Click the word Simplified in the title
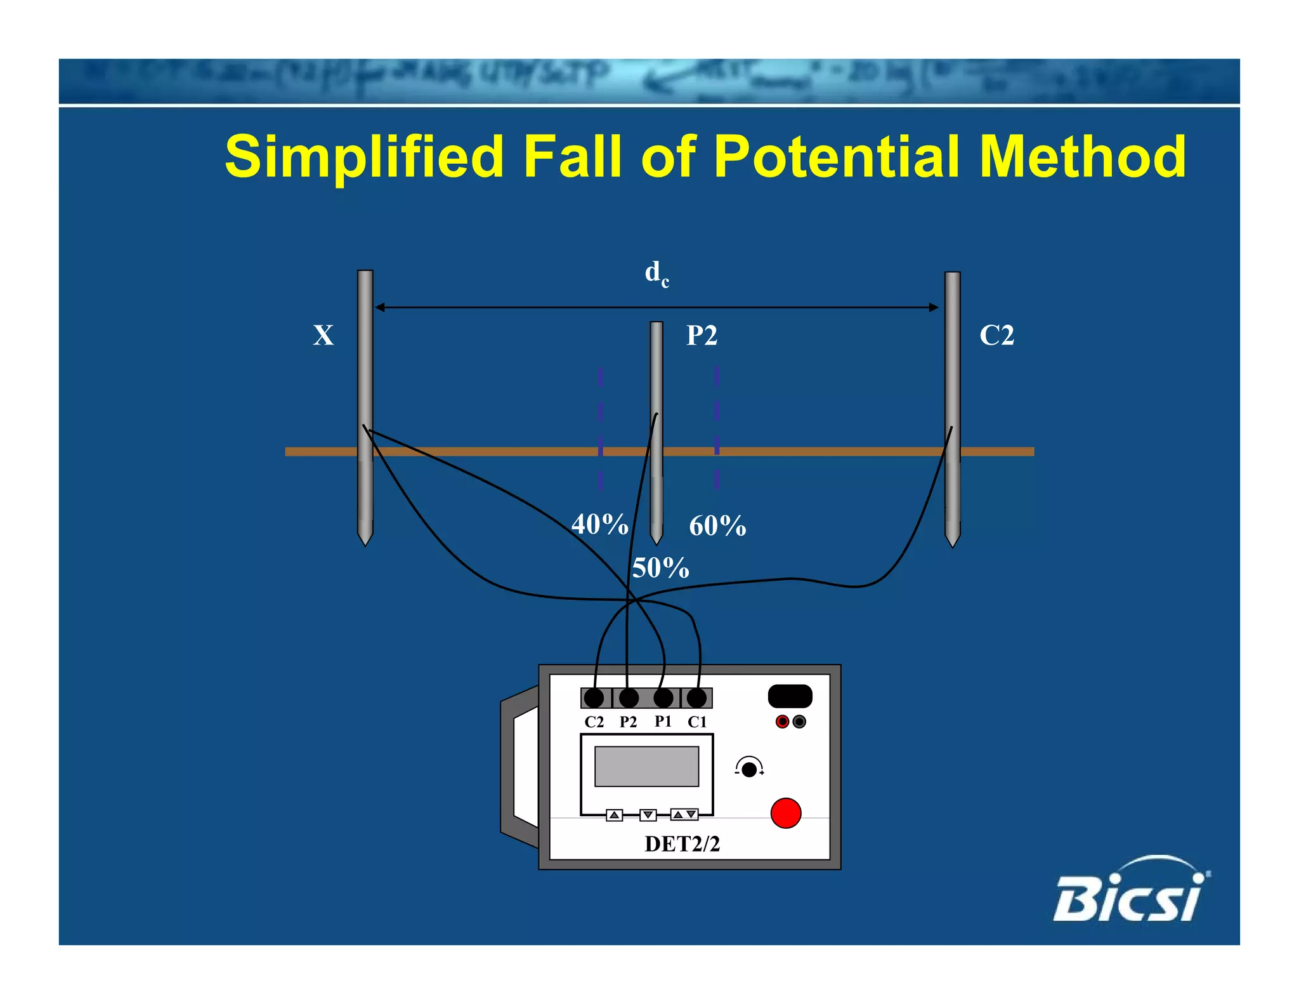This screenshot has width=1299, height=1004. [365, 157]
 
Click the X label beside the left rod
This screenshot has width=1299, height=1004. [323, 335]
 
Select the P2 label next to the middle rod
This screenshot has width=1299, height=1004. [702, 335]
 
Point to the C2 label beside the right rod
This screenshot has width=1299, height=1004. [996, 335]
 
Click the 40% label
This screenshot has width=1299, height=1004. [599, 524]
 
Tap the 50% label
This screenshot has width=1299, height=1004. [660, 567]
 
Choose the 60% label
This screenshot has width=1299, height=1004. [717, 525]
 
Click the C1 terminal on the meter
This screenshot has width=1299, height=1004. [696, 698]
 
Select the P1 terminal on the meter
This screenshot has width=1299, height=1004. [663, 698]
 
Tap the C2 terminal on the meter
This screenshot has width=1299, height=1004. [594, 698]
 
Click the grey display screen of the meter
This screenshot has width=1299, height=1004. [646, 766]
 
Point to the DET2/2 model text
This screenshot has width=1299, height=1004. [682, 843]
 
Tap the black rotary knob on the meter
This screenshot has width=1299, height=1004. [749, 769]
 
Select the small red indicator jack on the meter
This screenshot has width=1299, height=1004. [782, 722]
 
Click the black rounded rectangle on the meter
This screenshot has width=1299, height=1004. [790, 696]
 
